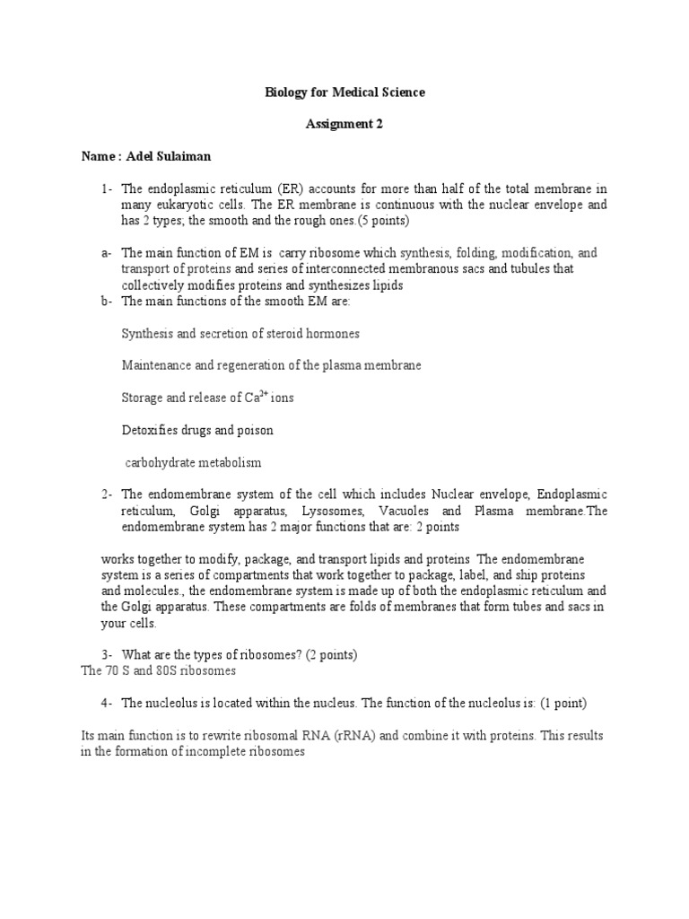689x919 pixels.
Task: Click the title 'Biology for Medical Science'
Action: click(344, 92)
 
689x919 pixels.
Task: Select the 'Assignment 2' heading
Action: click(344, 125)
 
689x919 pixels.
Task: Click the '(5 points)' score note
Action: click(381, 222)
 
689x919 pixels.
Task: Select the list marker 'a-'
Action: click(107, 254)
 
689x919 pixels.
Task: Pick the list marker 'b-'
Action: click(107, 302)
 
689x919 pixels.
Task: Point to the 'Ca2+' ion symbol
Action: click(256, 398)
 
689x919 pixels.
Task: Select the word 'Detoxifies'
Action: click(150, 431)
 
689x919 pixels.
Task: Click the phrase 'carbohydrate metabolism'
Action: click(193, 463)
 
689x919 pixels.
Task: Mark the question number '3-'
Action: click(107, 653)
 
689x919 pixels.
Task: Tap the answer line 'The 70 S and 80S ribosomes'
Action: click(159, 670)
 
